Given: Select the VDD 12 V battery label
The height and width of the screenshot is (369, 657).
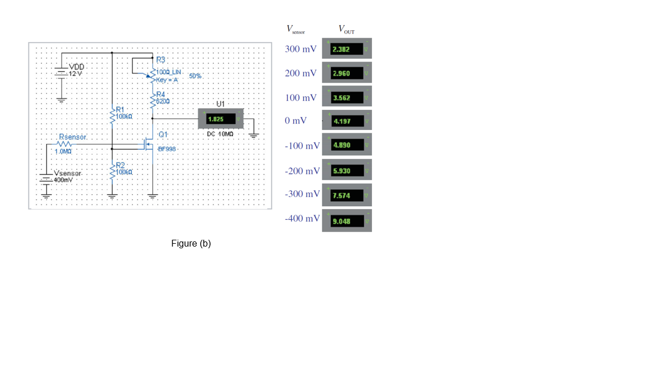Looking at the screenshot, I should coord(76,70).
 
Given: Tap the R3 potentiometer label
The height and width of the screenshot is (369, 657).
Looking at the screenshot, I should coord(160,60).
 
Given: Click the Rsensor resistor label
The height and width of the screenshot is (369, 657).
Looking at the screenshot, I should coord(72,137).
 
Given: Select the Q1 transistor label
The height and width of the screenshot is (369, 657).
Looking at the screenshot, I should coord(163,134).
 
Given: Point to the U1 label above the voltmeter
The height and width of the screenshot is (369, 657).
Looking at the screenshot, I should coord(221,104).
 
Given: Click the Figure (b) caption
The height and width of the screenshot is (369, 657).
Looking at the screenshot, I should coord(191,244).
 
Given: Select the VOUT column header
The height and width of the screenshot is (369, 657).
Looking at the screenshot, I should coord(346,29).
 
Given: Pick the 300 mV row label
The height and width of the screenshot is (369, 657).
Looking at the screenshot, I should coord(301,50).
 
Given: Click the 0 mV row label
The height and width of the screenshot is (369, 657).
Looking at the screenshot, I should coord(296,121).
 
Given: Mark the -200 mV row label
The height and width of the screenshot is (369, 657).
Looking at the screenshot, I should coord(302,171).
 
